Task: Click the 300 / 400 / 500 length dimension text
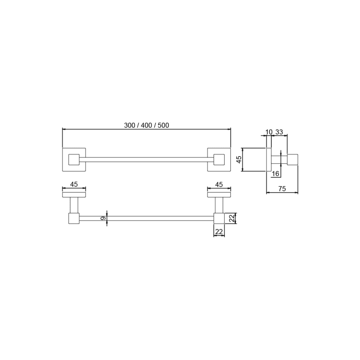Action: (x=147, y=126)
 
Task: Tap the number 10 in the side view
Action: (x=269, y=132)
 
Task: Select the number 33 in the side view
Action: (x=279, y=132)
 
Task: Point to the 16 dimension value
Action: (x=275, y=174)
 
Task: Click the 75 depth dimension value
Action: (x=282, y=189)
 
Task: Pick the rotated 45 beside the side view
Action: (x=239, y=159)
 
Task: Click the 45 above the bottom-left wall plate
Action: (x=74, y=184)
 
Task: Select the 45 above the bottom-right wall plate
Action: (x=219, y=184)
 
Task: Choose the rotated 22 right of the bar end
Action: (x=233, y=218)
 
